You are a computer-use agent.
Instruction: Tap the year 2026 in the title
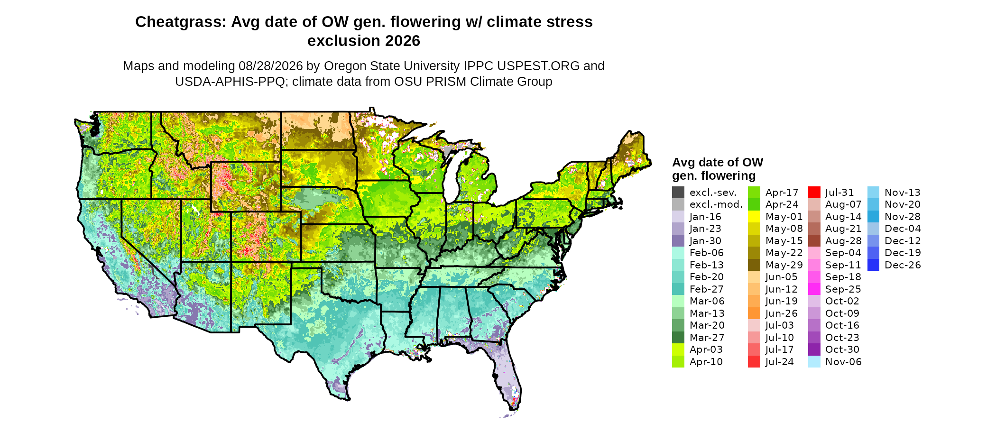403,41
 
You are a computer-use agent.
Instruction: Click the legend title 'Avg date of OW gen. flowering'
718,169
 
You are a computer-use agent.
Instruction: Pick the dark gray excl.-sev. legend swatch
678,193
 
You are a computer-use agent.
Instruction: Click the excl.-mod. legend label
716,204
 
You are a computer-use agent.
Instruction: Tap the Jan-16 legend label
705,217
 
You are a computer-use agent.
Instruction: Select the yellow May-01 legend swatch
754,217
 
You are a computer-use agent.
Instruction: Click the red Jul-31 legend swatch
814,193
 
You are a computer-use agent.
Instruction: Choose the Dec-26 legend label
903,265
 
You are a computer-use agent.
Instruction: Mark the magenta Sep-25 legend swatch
814,289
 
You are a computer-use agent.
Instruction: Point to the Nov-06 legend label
843,362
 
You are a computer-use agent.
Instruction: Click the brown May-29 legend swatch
754,265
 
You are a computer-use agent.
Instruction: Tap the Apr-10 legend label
706,362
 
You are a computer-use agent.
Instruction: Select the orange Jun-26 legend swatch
754,313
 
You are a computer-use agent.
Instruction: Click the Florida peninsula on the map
505,375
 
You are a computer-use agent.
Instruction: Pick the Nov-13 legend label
903,193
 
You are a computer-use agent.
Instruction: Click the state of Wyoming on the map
246,186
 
